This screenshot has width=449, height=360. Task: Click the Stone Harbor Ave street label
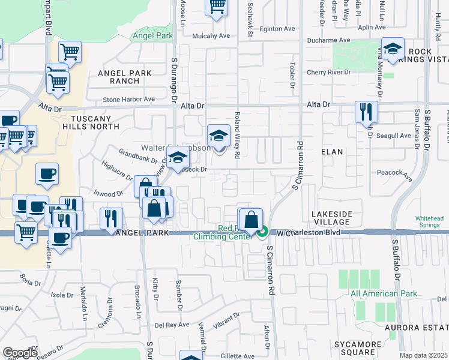point(128,99)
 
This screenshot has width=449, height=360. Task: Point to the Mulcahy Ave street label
point(211,35)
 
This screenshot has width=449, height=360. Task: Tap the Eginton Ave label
point(277,28)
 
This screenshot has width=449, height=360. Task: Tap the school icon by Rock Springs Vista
point(393,49)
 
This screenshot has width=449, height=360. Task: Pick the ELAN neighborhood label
point(333,152)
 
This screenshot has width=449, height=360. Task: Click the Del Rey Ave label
point(172,325)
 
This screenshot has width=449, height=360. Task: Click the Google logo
point(20,353)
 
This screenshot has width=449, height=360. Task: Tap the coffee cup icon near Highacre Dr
point(47,174)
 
